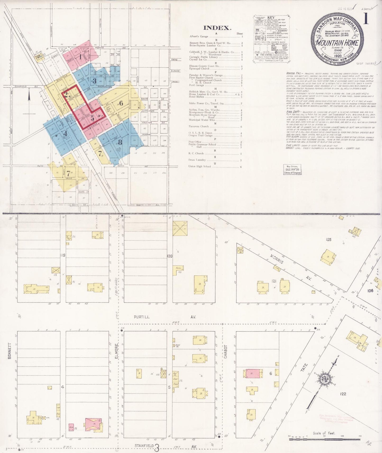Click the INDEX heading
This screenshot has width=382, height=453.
coord(217,28)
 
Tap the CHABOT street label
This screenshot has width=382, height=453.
coord(225,352)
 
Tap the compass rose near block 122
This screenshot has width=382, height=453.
coord(324,379)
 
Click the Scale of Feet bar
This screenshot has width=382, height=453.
coord(324,439)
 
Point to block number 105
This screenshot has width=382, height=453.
coord(328,240)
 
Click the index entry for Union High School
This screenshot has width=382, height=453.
coord(200,167)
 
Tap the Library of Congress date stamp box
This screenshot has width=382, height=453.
coord(292,169)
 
